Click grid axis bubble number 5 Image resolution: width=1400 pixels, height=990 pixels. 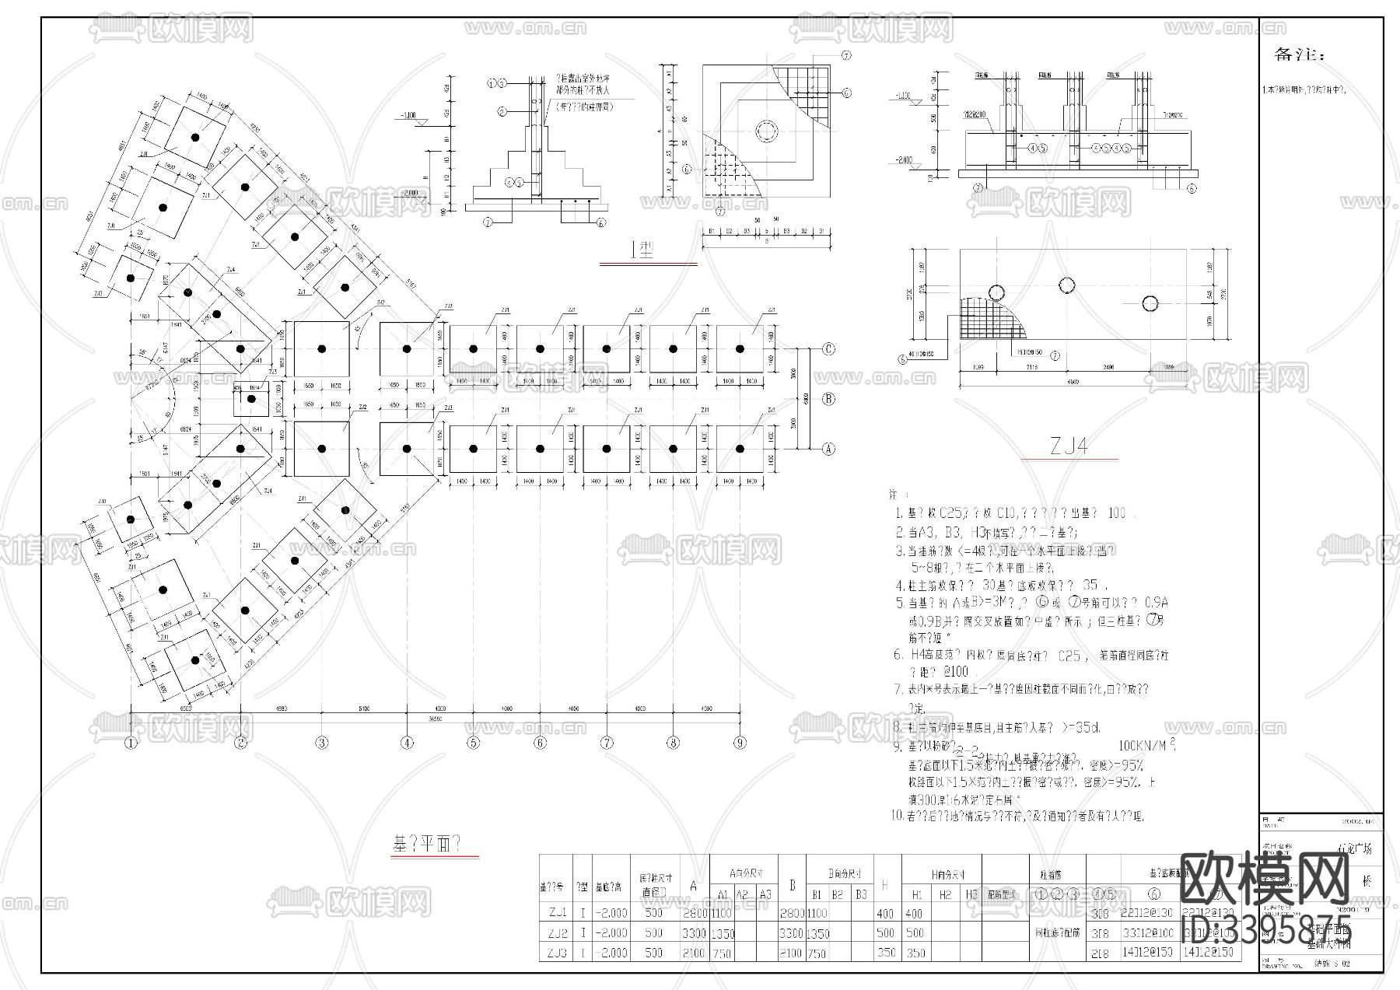(x=473, y=743)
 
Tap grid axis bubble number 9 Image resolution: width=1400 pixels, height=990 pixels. (x=740, y=743)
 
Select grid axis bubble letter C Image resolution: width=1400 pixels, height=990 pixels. (x=829, y=349)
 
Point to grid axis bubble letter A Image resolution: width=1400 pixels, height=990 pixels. (x=829, y=449)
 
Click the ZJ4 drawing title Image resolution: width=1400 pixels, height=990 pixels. (x=1069, y=446)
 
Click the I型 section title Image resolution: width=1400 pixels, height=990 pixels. (x=642, y=250)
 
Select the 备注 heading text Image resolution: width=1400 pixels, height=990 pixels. (x=1297, y=54)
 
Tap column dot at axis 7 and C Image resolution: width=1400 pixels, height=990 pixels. (x=607, y=349)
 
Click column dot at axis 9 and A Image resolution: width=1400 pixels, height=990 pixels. (x=740, y=449)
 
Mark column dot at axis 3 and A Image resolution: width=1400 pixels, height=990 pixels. (x=322, y=449)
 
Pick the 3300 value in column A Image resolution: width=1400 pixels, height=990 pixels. (x=693, y=933)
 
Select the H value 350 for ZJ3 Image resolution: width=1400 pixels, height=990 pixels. (x=886, y=953)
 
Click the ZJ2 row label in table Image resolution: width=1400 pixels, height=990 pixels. (x=557, y=933)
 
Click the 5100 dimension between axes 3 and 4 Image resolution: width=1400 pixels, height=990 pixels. (x=363, y=708)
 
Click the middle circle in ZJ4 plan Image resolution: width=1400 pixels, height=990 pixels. (x=1066, y=284)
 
